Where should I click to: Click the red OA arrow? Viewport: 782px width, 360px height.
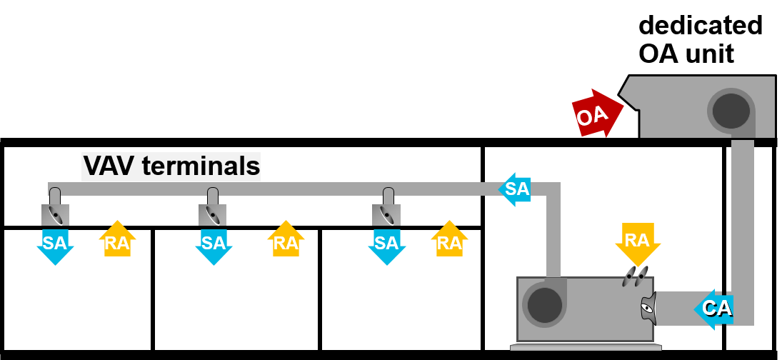[x=596, y=114]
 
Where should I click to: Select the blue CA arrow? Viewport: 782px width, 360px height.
[x=714, y=309]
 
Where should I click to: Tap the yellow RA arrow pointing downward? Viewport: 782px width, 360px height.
[x=637, y=243]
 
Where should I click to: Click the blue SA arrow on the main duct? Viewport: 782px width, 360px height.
[x=516, y=189]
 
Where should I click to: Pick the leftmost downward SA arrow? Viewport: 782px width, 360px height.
[x=55, y=245]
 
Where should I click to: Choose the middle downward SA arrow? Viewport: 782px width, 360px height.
[x=214, y=245]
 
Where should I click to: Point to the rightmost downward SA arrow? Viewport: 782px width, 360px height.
[x=386, y=245]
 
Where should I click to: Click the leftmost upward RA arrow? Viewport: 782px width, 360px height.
[x=117, y=240]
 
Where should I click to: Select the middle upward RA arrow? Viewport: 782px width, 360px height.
[x=286, y=240]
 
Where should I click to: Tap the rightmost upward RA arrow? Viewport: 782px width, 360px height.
[x=449, y=240]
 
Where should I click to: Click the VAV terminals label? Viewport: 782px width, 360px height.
[x=171, y=166]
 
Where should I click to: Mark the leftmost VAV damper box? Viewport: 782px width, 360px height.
[x=55, y=215]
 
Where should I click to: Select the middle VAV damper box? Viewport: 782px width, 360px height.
[x=212, y=215]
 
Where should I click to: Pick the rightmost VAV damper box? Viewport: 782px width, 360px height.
[x=386, y=215]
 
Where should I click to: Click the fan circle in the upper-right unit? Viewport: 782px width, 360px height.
[x=731, y=111]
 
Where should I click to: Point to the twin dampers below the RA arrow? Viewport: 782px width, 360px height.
[x=635, y=276]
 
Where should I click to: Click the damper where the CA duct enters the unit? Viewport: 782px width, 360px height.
[x=648, y=309]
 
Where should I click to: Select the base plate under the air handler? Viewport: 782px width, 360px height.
[x=586, y=348]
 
